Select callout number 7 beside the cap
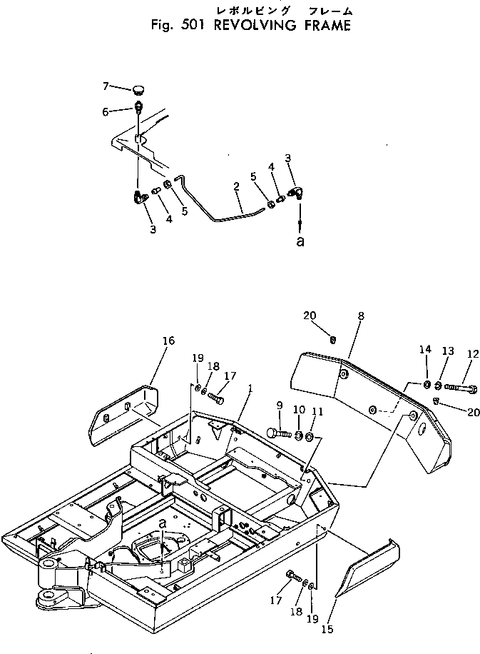pyautogui.click(x=106, y=86)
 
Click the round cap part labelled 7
pyautogui.click(x=138, y=89)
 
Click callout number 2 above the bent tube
pyautogui.click(x=235, y=187)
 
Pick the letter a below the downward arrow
pyautogui.click(x=300, y=241)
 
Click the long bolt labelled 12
pyautogui.click(x=460, y=388)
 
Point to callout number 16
pyautogui.click(x=168, y=341)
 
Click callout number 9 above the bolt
pyautogui.click(x=279, y=405)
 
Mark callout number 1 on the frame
pyautogui.click(x=250, y=390)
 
